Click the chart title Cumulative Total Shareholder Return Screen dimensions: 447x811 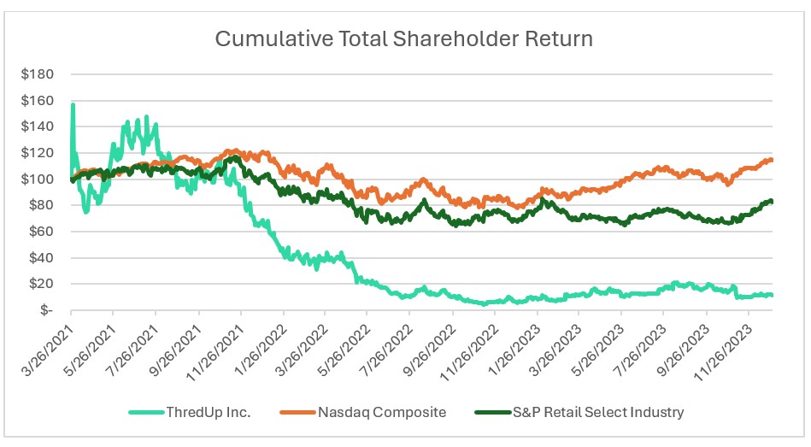(x=403, y=38)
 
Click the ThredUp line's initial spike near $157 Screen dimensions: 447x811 (x=73, y=105)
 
